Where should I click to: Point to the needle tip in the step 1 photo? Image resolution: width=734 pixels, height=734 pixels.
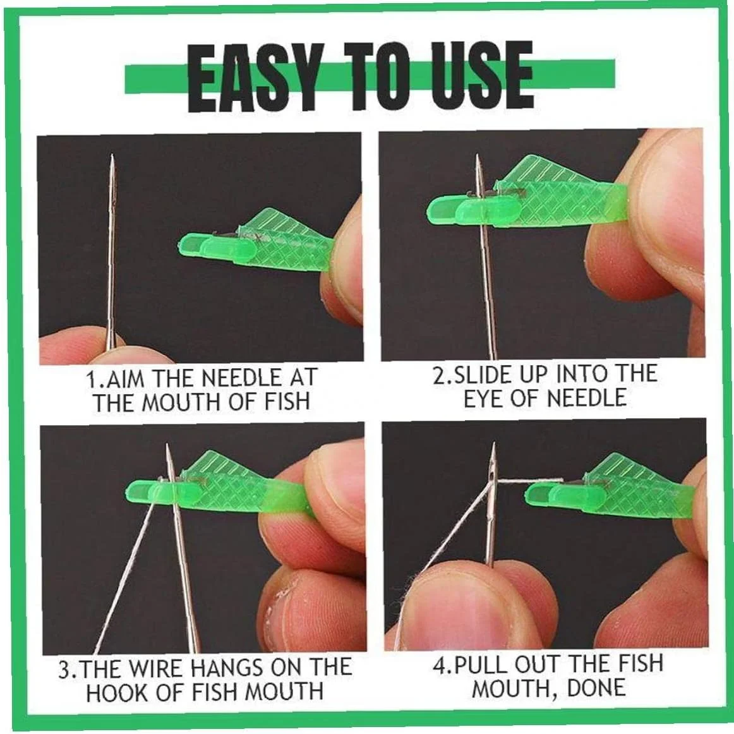112,155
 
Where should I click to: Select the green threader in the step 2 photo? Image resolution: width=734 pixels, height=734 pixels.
527,196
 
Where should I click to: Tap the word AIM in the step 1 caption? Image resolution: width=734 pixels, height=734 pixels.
125,378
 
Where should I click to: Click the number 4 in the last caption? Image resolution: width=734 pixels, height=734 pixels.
440,665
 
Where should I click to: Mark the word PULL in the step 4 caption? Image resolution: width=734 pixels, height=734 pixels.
481,665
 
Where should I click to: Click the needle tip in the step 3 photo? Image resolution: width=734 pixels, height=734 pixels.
167,445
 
